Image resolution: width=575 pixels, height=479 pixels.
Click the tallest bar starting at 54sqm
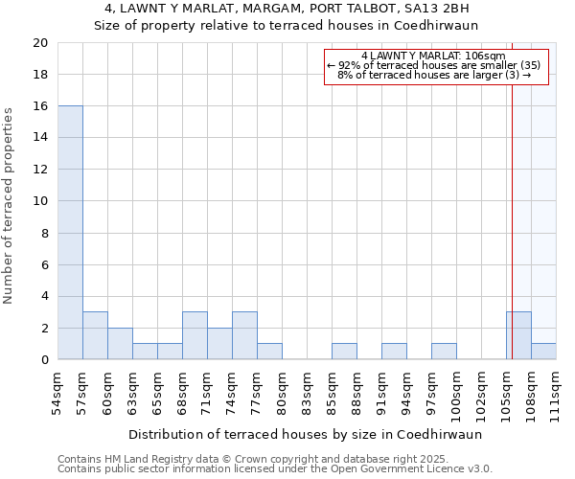tap(70, 233)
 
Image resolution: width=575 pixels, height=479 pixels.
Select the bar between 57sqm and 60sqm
tap(95, 335)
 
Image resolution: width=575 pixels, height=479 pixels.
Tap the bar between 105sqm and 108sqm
tap(518, 335)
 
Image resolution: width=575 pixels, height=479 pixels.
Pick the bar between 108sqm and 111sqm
tap(543, 352)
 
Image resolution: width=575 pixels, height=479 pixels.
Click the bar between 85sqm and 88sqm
tap(344, 352)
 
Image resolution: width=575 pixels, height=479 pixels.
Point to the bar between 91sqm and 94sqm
tap(394, 352)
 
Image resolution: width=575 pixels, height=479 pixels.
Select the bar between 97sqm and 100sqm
tap(444, 352)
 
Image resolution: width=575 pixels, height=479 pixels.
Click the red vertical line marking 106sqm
tap(512, 192)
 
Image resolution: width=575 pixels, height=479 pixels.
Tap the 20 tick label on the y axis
tap(39, 43)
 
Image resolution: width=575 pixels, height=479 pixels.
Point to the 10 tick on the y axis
tap(39, 201)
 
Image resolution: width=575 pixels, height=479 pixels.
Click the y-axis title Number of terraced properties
tap(9, 205)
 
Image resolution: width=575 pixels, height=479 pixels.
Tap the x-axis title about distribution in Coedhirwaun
tap(305, 434)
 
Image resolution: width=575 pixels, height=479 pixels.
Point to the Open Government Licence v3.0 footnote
tap(275, 469)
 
